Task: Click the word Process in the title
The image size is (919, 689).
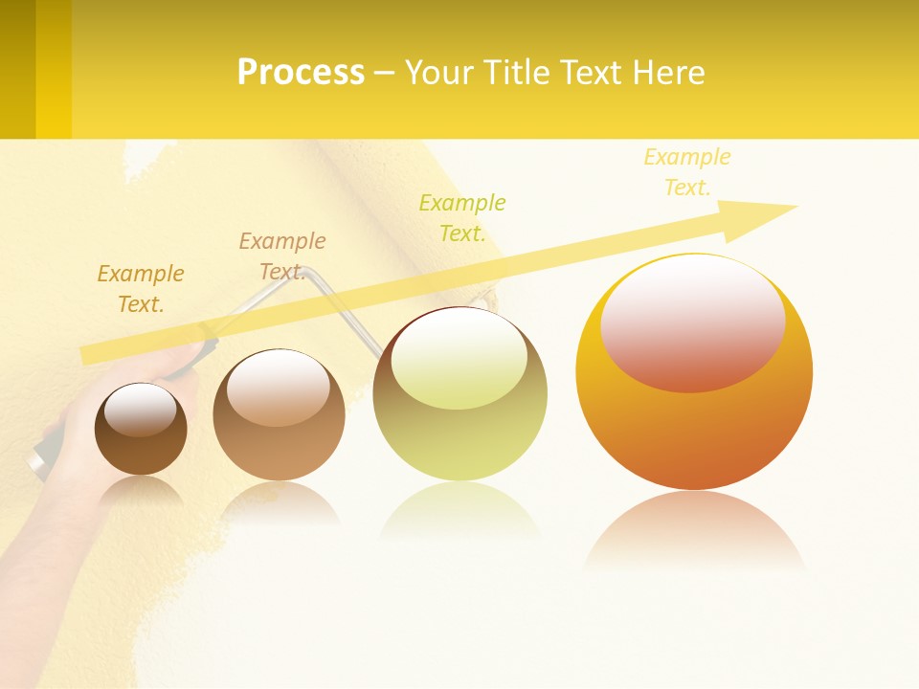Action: [x=301, y=73]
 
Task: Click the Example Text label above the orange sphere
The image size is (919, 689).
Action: [x=687, y=172]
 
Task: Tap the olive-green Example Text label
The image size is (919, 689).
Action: [x=462, y=218]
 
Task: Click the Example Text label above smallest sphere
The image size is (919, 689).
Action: [x=141, y=289]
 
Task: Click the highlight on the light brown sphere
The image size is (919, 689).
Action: [x=278, y=388]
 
